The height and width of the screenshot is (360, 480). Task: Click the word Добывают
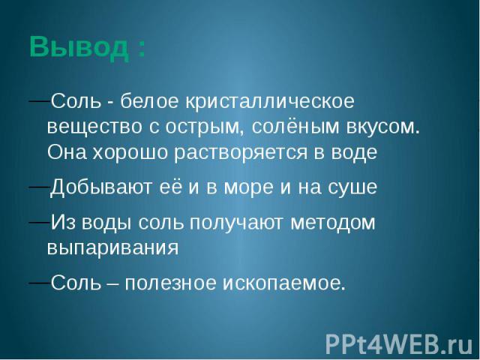pos(101,187)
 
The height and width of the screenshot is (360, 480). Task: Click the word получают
pos(236,223)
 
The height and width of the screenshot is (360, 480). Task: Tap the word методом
pos(332,223)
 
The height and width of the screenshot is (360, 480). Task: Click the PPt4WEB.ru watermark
pos(400,343)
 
